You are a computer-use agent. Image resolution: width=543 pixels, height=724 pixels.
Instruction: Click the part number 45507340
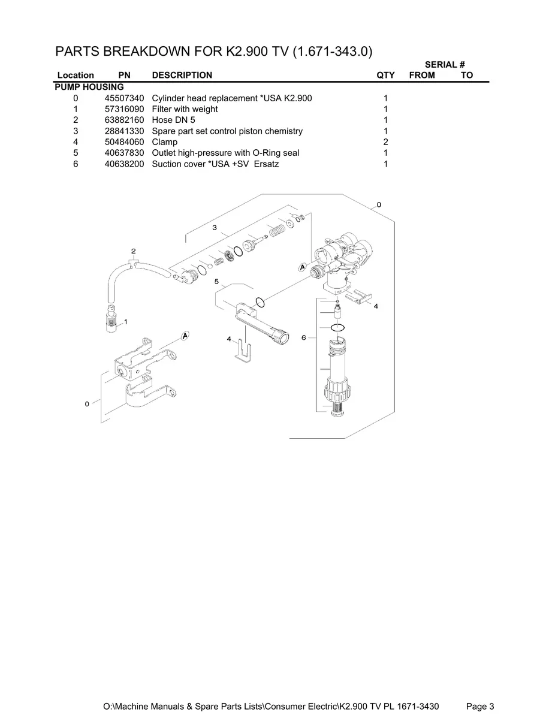coord(120,98)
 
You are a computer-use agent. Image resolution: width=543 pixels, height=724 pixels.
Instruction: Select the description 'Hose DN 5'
coord(173,120)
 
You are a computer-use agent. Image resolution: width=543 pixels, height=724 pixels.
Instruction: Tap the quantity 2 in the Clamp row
coord(385,142)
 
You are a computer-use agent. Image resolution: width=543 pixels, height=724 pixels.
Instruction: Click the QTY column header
coord(385,75)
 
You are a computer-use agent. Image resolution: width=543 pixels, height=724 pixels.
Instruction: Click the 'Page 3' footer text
coord(480,707)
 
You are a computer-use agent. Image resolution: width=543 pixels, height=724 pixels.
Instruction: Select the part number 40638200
coord(120,164)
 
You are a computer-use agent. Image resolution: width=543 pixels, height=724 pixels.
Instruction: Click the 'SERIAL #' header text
coord(445,64)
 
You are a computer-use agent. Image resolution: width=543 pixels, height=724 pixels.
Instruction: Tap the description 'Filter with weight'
coord(185,109)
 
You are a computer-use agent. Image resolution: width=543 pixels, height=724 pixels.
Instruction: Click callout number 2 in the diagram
coord(133,251)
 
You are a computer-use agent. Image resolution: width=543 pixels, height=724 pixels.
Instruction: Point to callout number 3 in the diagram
coord(214,227)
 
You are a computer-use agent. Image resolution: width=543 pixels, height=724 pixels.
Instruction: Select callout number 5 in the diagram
coord(216,281)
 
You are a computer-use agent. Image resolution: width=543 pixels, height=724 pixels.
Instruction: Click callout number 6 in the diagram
coord(304,338)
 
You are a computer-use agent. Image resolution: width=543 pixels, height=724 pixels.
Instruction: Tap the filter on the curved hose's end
coord(110,318)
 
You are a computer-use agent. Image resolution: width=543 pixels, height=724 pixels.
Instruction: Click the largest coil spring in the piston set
coord(276,229)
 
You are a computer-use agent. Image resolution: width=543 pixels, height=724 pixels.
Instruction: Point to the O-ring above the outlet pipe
coord(260,301)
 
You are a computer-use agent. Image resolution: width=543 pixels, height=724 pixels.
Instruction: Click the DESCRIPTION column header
coord(182,75)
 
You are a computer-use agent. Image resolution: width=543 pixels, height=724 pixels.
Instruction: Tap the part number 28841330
coord(120,131)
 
